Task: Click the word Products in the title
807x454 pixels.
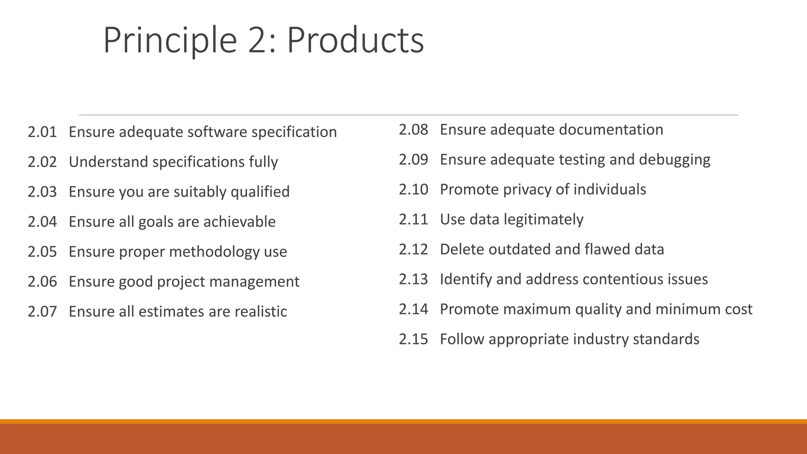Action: [x=355, y=40]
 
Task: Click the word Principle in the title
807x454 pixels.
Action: [x=170, y=40]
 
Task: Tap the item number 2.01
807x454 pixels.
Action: [x=42, y=132]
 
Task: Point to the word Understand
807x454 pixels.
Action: [x=108, y=162]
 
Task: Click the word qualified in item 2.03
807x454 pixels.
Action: [x=260, y=192]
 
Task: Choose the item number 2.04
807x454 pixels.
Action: [x=42, y=222]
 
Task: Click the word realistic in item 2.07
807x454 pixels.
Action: [x=260, y=312]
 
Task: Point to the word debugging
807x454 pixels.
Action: [x=674, y=160]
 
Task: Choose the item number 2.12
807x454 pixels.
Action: [x=413, y=249]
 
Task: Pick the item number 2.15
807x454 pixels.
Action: [x=413, y=339]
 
